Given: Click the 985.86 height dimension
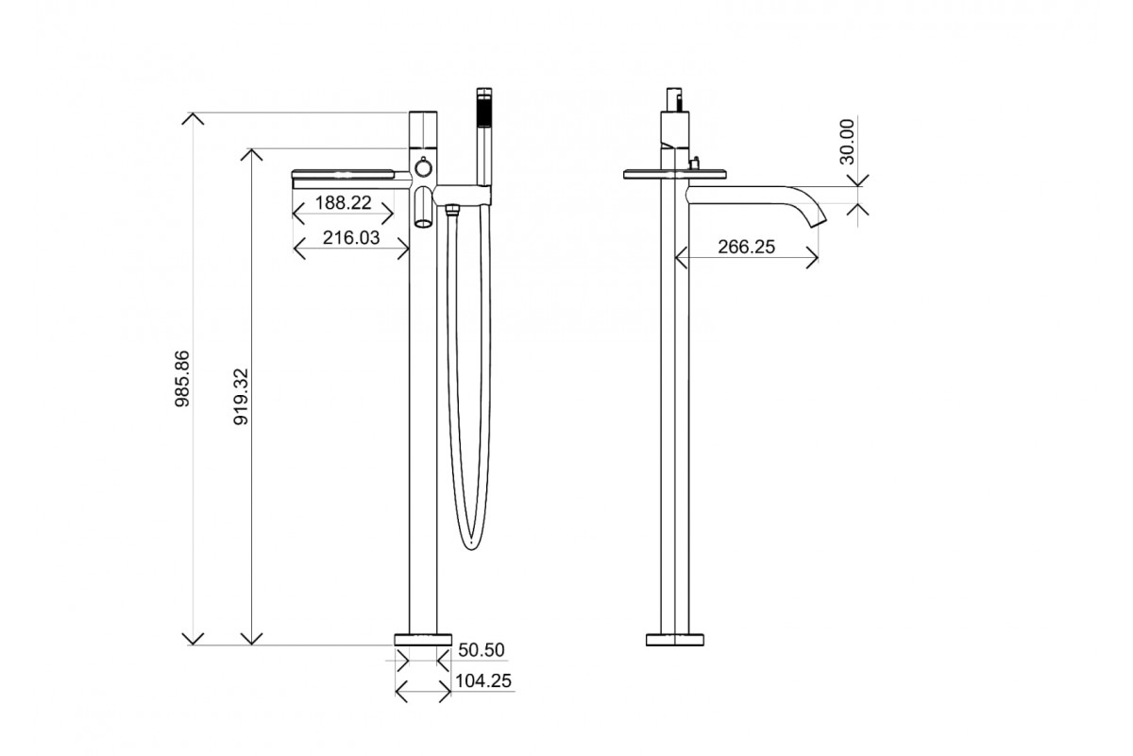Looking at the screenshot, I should click(183, 379).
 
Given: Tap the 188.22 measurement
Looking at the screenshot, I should click(343, 202).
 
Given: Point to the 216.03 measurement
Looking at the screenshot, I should click(351, 238).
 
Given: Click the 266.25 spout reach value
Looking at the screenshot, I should click(746, 248).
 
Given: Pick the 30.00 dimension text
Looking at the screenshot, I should click(847, 142).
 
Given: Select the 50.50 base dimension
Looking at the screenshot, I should click(482, 650).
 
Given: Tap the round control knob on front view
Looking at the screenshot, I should click(424, 168).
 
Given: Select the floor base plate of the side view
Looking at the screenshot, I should click(676, 639).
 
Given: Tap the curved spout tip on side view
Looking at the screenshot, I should click(818, 223).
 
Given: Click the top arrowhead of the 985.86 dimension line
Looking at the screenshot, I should click(193, 117).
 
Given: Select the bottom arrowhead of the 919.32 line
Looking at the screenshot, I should click(251, 639).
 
